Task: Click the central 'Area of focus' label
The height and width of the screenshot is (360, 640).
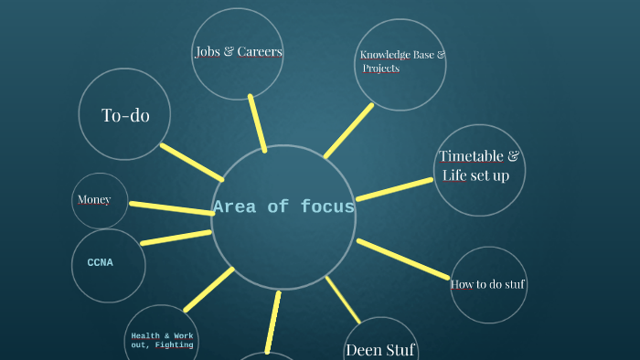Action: pos(283,207)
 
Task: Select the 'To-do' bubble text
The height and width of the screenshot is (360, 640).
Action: pos(125,115)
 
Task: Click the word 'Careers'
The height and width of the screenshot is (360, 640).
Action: pos(260,51)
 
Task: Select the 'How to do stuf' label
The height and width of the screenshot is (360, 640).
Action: pos(488,284)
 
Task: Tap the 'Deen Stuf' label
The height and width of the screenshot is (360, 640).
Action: pos(380,349)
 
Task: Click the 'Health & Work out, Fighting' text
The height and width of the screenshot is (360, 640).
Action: pos(162,341)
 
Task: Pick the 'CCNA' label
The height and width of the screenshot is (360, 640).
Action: pos(101,263)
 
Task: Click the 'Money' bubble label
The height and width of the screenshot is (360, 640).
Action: pos(94,200)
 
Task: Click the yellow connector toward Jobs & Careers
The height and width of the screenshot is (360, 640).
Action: pos(257,122)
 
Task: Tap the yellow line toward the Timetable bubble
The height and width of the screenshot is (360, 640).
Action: pos(394,189)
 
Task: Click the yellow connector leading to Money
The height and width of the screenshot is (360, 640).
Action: pos(171,207)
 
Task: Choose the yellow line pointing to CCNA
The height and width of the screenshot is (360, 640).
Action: pos(176,238)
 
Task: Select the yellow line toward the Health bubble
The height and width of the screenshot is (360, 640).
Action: pos(208,290)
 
